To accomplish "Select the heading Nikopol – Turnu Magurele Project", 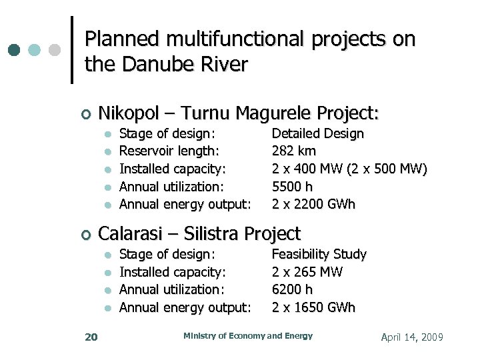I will (x=238, y=113).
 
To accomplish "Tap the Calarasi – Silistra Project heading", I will (x=199, y=233).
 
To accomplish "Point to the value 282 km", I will (x=294, y=151).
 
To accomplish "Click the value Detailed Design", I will (x=317, y=134).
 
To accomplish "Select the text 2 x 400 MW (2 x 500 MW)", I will (x=349, y=169).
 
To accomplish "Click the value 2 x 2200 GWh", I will (x=313, y=204).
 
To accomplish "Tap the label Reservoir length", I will (x=169, y=151).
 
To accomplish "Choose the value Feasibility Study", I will (x=319, y=254).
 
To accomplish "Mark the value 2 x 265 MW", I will (x=307, y=272).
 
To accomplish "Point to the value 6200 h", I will (x=292, y=289).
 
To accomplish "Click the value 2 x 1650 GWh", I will (x=313, y=307).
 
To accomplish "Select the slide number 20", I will (x=91, y=337).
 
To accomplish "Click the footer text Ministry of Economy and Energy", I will (x=247, y=336).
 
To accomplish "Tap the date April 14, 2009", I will (x=411, y=337).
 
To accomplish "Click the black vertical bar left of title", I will (x=71, y=50).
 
